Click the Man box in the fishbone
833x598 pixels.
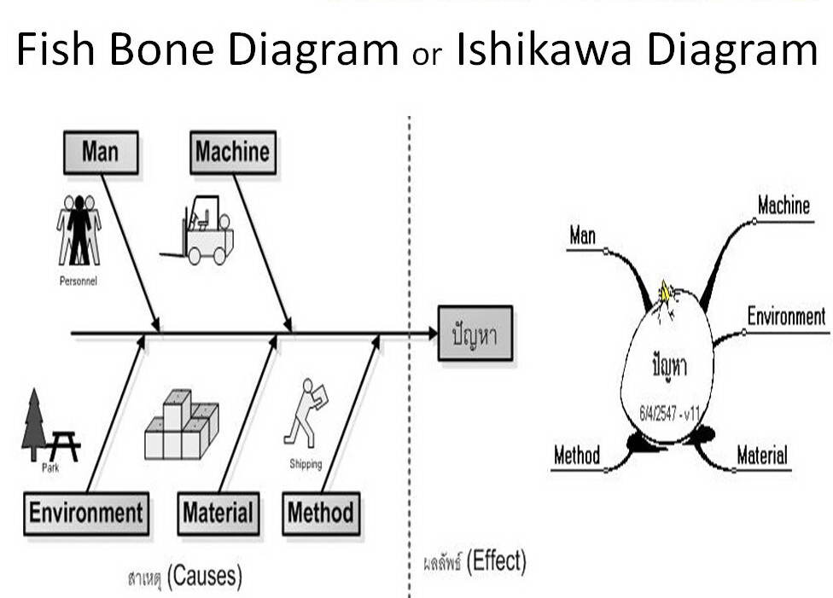[x=100, y=153]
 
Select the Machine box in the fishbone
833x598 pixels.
[x=232, y=153]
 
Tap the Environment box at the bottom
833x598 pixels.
[x=85, y=514]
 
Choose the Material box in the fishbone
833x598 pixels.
[x=218, y=514]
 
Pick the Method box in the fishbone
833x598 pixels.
[x=320, y=514]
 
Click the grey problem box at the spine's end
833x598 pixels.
[x=475, y=334]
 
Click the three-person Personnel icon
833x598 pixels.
[x=79, y=230]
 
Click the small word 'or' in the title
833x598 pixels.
[x=426, y=56]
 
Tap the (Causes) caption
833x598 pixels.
[x=204, y=578]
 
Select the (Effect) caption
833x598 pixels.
[x=498, y=561]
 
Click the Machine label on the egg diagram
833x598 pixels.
[x=783, y=206]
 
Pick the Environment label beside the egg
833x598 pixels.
[x=786, y=317]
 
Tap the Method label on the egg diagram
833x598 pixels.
[x=577, y=456]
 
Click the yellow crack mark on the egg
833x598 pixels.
[x=665, y=293]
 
